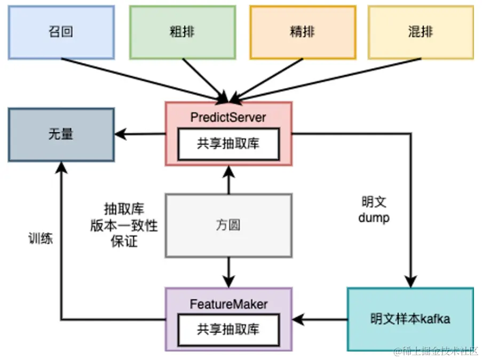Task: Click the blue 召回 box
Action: pyautogui.click(x=61, y=32)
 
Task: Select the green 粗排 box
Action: pyautogui.click(x=182, y=32)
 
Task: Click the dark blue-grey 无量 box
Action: pyautogui.click(x=61, y=134)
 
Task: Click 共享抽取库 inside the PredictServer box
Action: pyautogui.click(x=228, y=144)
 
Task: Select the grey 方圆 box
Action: pyautogui.click(x=228, y=225)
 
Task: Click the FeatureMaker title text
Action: pyautogui.click(x=228, y=305)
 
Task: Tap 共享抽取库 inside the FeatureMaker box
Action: pyautogui.click(x=228, y=329)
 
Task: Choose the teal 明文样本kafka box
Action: pyautogui.click(x=410, y=319)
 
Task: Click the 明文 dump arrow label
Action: pyautogui.click(x=374, y=210)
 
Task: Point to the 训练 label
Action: pyautogui.click(x=41, y=238)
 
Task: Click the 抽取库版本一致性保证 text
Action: pyautogui.click(x=124, y=225)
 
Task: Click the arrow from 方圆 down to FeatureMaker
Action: pyautogui.click(x=228, y=272)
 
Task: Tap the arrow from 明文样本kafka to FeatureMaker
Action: pyautogui.click(x=320, y=319)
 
